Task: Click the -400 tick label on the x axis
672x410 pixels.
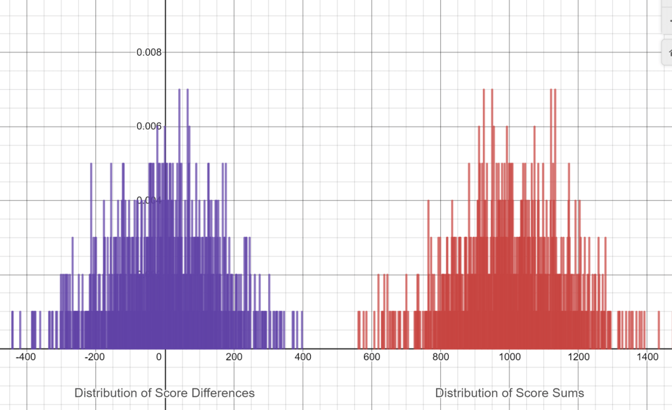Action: [26, 357]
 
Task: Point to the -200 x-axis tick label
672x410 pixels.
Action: [95, 357]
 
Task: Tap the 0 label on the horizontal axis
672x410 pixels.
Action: [159, 357]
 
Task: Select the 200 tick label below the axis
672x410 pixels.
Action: [233, 357]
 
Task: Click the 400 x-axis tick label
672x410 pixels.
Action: [302, 357]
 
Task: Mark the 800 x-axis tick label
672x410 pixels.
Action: [440, 357]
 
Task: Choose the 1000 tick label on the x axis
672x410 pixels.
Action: [509, 357]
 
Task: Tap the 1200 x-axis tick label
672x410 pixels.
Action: [578, 357]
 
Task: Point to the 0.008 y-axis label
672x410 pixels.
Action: [148, 52]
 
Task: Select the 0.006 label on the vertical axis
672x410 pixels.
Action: [148, 126]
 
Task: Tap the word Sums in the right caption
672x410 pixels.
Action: [569, 393]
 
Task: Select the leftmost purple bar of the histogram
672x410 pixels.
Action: [12, 329]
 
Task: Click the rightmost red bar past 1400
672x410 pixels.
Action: [658, 329]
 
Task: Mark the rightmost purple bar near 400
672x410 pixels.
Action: [302, 329]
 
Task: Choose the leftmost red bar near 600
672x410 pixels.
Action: [358, 329]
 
